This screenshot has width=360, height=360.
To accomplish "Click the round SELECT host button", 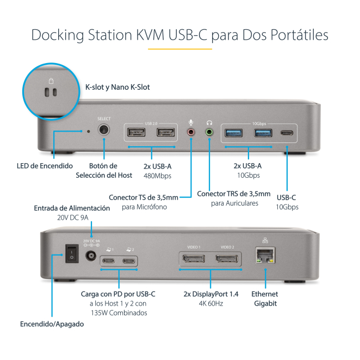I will [x=103, y=131].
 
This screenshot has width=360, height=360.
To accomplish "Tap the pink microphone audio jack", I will [x=191, y=132].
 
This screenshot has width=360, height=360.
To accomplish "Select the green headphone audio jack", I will [x=209, y=132].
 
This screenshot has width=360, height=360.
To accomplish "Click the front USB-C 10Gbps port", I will [x=285, y=132].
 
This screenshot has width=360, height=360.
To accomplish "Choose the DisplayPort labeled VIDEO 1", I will [x=194, y=258].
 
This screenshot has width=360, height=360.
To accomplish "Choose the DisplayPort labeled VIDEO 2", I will [x=227, y=258].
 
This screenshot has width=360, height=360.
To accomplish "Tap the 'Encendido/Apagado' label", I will [x=52, y=324].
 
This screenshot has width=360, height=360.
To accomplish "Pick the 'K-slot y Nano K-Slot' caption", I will [x=117, y=86].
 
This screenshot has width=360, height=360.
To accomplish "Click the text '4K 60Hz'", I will [x=210, y=303].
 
